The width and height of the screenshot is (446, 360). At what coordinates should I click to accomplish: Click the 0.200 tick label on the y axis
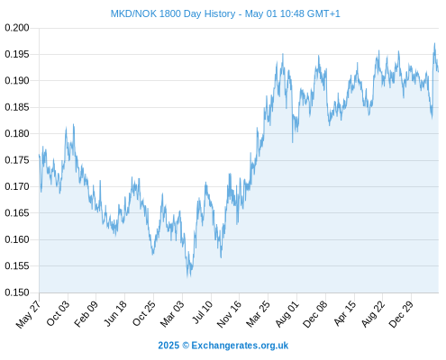pos(17,28)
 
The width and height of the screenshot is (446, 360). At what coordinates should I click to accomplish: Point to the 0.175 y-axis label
pos(17,160)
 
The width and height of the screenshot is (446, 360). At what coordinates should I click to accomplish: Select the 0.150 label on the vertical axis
pos(17,292)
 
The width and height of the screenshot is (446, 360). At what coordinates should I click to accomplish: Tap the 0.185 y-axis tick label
pos(17,107)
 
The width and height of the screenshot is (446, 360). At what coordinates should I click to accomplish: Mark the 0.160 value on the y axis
pos(17,239)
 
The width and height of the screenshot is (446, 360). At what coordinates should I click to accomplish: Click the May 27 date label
pos(28,315)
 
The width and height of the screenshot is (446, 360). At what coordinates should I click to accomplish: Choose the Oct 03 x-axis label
pos(58,314)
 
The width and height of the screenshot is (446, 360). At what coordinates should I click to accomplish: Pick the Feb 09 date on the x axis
pos(86,314)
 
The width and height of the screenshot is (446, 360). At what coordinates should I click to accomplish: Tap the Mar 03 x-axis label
pos(172,314)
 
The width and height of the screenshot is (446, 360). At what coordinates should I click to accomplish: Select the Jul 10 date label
pos(203,312)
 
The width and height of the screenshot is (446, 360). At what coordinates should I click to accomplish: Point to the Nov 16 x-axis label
pos(229,314)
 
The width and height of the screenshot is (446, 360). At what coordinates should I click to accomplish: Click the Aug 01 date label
pos(287,314)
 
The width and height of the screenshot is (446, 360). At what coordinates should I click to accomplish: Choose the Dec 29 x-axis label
pos(401,314)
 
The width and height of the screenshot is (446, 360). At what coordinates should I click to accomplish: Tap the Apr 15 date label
pos(345,313)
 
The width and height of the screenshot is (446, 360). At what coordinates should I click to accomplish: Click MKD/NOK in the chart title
pos(133,13)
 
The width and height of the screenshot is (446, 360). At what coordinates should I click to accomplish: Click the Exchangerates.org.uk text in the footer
pos(240,346)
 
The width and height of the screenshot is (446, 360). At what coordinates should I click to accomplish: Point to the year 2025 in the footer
pos(168,346)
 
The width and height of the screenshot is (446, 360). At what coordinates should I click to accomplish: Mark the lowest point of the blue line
pos(187,277)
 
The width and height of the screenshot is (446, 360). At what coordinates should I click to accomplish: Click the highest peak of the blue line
pos(434,43)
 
